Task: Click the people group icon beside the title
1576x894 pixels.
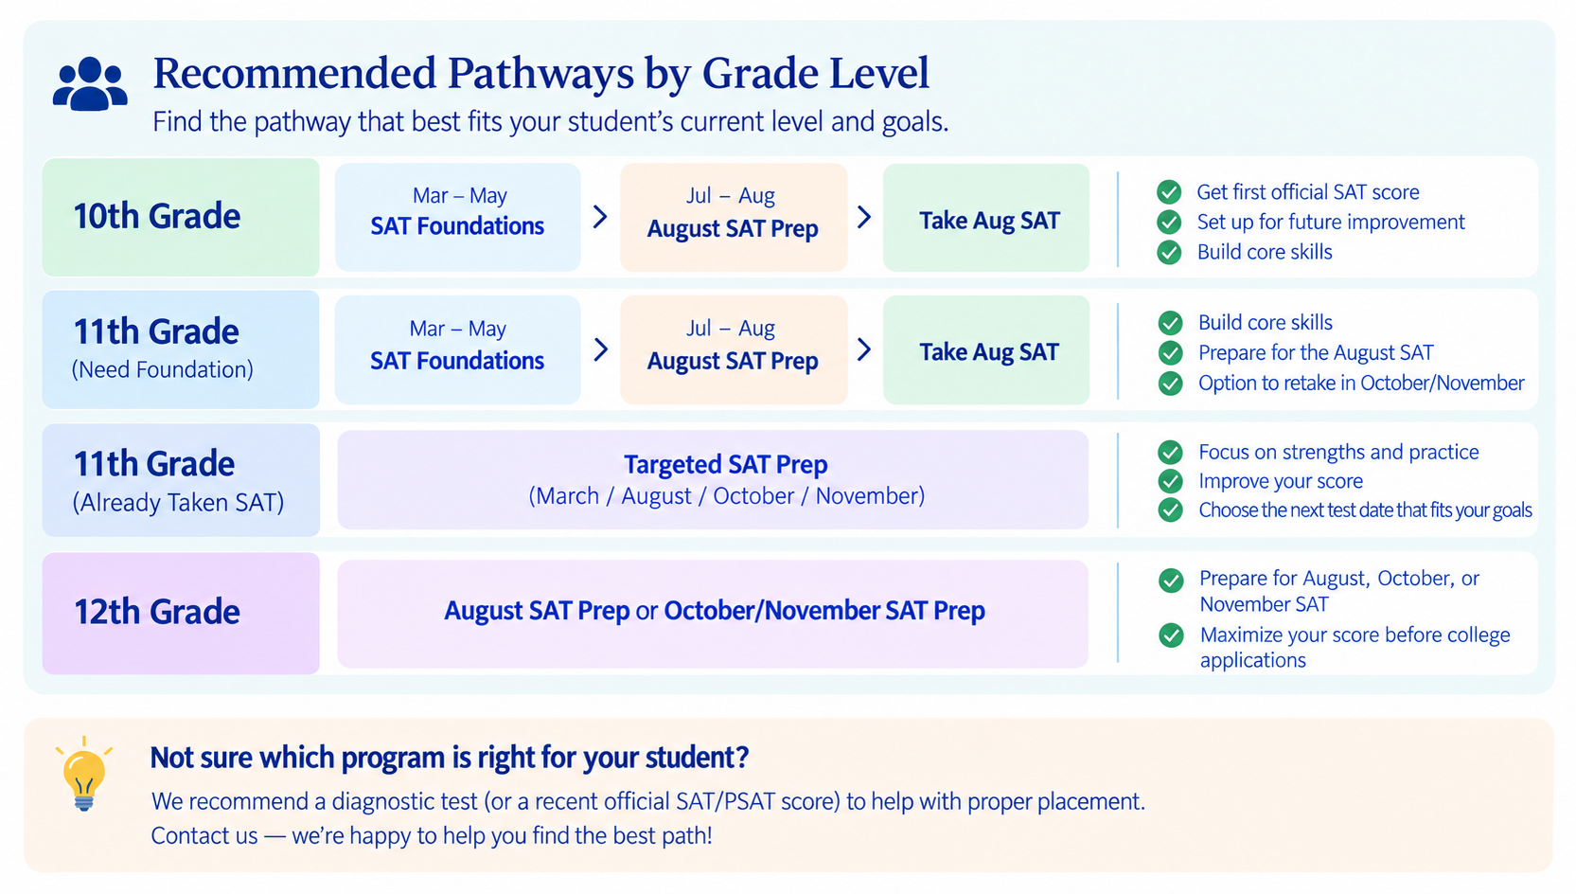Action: coord(90,83)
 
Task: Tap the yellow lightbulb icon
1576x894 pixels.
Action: coord(84,776)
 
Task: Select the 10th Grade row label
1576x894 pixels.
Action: coord(157,215)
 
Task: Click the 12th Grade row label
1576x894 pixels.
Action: coord(157,611)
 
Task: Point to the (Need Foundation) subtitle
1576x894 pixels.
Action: coord(163,369)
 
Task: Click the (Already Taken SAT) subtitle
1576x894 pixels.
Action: coord(179,503)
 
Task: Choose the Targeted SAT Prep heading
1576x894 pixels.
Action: coord(725,465)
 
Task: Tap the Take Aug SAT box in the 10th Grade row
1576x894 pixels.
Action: coord(986,218)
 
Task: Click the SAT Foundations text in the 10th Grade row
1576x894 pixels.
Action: coord(457,226)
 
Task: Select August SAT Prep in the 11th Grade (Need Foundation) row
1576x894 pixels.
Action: coord(733,361)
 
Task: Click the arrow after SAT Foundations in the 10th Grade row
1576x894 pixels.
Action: coord(600,217)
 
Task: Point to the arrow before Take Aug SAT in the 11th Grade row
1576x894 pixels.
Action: coord(865,349)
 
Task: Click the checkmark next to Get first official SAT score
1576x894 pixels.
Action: coord(1169,191)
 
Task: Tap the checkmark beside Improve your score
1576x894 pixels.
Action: coord(1170,481)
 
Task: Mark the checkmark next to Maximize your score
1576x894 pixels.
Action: coord(1172,635)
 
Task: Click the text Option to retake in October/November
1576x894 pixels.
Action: coord(1361,383)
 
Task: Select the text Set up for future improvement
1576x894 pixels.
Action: coord(1331,223)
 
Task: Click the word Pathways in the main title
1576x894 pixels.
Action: coord(540,73)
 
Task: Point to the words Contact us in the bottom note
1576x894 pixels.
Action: coord(204,835)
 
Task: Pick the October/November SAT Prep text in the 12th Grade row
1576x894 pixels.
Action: coord(824,610)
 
